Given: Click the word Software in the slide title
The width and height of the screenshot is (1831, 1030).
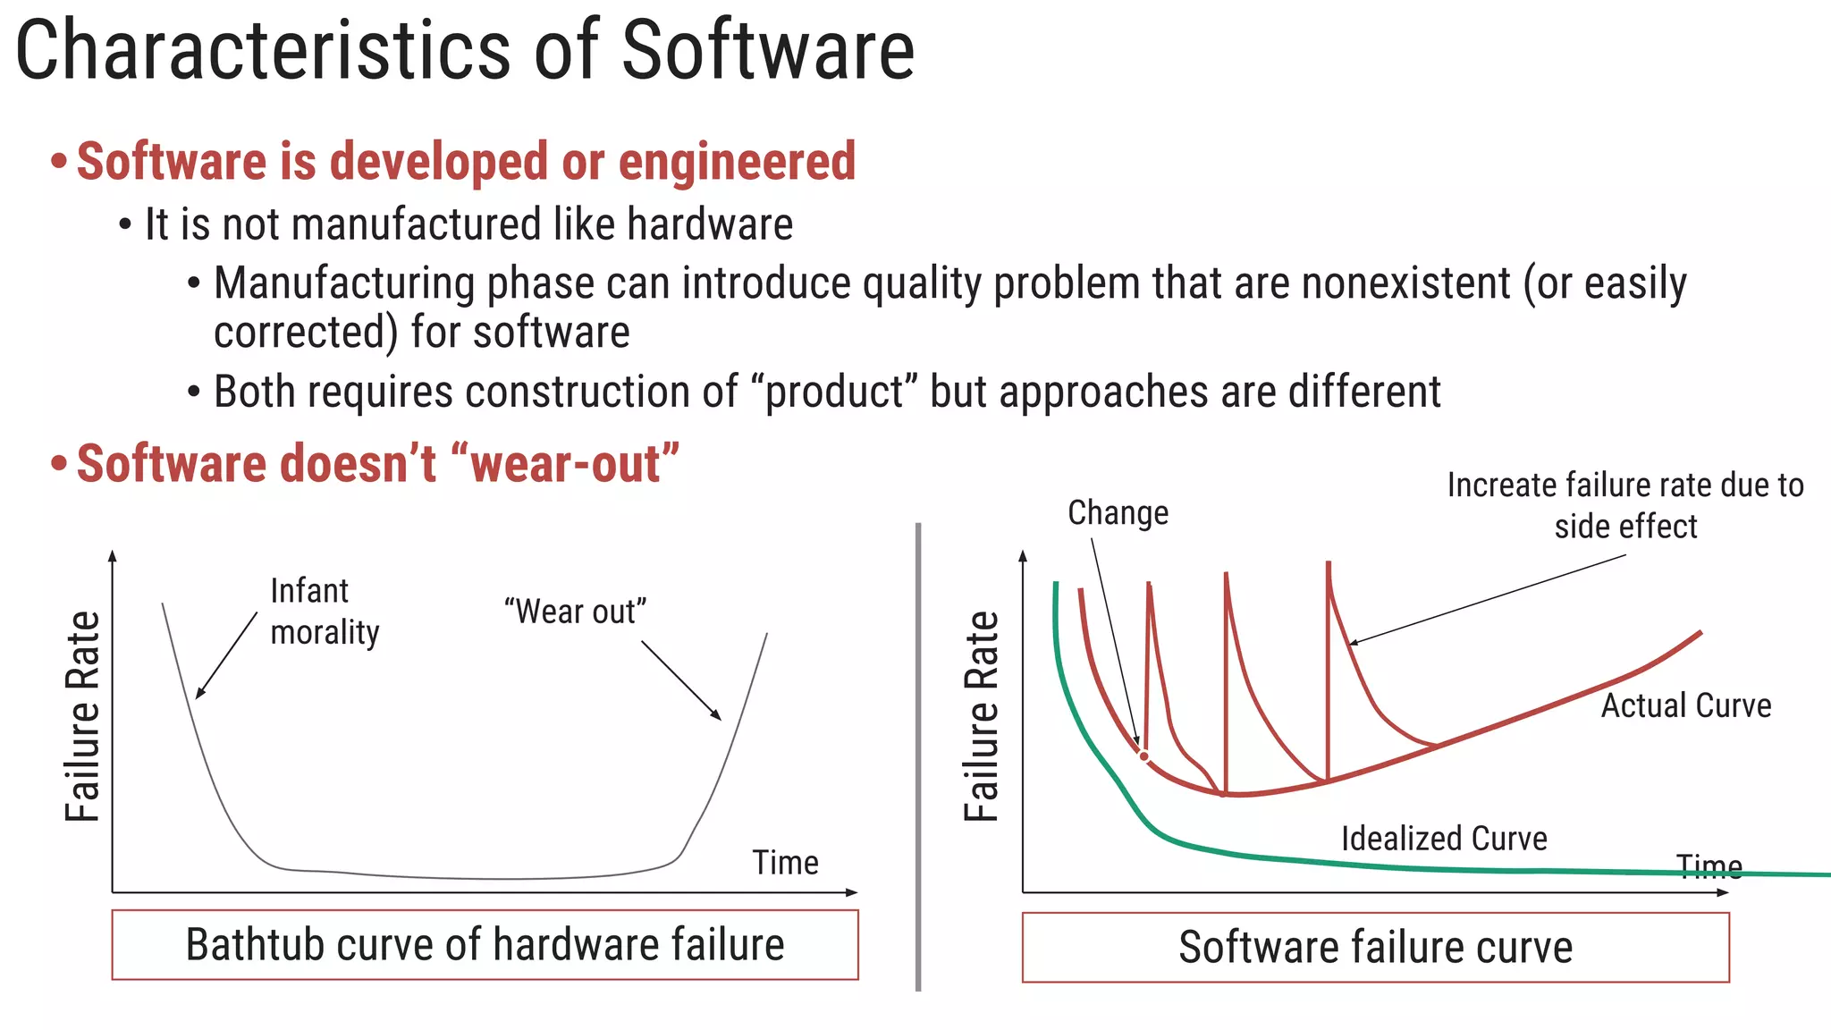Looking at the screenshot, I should pos(767,50).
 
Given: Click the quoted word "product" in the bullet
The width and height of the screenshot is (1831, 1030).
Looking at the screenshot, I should pos(835,392).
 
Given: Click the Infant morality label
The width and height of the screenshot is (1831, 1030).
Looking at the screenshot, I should pos(324,612).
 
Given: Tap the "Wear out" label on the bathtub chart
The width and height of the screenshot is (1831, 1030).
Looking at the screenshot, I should pos(575,612).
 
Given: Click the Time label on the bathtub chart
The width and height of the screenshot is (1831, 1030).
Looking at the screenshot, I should pos(785,863).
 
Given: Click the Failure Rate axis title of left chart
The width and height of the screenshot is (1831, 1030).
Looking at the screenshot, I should pos(83,716).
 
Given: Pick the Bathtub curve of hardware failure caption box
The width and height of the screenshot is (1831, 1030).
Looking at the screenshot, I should pos(485,945).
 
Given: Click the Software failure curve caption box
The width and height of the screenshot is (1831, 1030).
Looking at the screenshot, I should pos(1375,947).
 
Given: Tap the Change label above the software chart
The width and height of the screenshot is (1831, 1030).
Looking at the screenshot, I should pos(1118,513).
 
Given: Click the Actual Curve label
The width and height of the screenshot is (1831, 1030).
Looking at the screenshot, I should pos(1685,705).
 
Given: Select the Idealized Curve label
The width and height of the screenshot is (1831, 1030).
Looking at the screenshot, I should pos(1443,839).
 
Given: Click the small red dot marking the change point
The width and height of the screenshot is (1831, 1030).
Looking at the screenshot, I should pos(1143,756).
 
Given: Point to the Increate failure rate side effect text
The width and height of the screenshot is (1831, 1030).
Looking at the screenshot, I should pos(1624,505).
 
